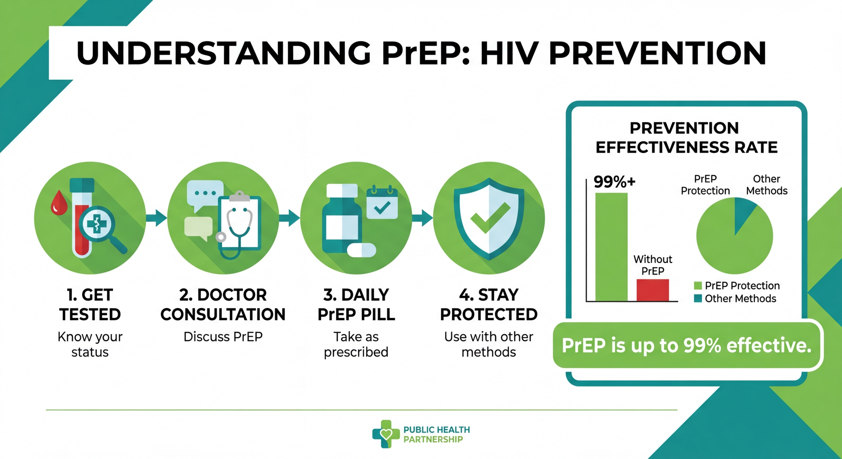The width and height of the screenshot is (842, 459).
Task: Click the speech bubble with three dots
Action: (205, 193)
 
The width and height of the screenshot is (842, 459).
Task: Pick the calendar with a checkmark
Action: (382, 203)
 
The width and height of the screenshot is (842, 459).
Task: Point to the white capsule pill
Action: (361, 250)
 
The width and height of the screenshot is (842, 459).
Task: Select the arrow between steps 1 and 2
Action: (157, 218)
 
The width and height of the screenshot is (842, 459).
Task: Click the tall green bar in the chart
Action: (611, 247)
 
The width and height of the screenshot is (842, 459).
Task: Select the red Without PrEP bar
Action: (652, 290)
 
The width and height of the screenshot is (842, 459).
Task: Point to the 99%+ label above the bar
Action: (614, 182)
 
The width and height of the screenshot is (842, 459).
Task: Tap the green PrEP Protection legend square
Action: (698, 285)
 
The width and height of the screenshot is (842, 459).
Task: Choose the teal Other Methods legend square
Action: (698, 298)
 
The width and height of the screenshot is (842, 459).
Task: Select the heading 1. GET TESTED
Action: (90, 305)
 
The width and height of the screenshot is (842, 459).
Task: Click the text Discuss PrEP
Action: (223, 337)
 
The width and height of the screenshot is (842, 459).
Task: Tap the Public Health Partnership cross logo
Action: (386, 434)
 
